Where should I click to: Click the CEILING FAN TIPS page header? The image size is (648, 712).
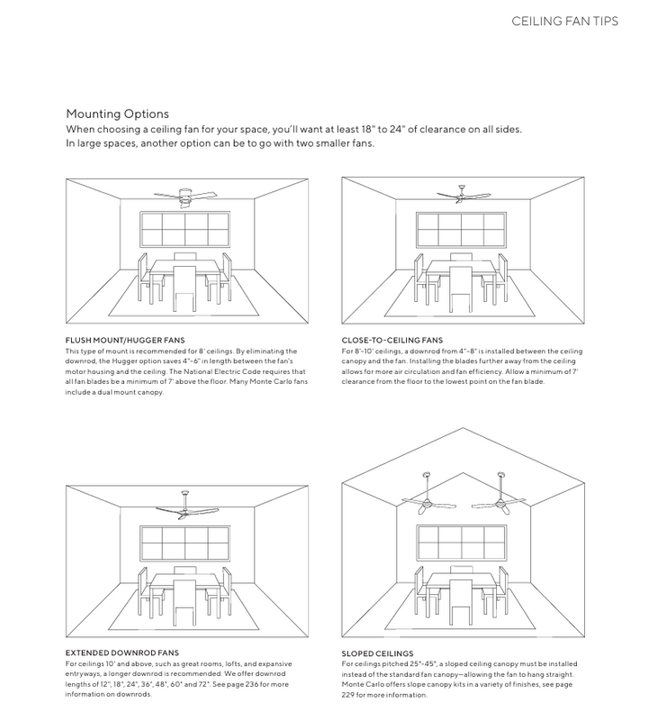[564, 22]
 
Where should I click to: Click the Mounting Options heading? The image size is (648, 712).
[117, 114]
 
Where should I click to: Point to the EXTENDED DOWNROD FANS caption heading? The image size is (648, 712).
[122, 651]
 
